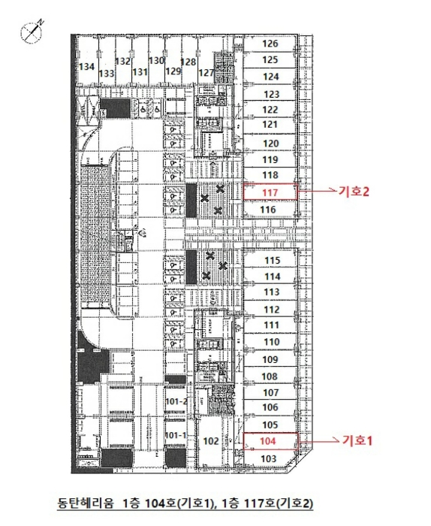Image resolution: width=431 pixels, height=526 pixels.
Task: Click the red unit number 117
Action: coord(270,192)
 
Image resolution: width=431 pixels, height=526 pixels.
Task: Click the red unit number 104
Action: coord(268,441)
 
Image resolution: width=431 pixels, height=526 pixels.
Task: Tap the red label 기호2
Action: coord(354,192)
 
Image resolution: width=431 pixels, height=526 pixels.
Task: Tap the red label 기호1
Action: coord(357,440)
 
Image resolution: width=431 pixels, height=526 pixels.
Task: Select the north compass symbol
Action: coord(32,32)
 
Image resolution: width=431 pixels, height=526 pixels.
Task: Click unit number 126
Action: coord(270,44)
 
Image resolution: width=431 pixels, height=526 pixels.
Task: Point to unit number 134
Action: coord(86,67)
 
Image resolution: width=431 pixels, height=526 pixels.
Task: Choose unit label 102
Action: coord(211,441)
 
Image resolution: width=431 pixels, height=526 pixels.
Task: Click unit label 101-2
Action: coord(176,401)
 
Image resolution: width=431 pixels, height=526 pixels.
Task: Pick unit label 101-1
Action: coord(176,435)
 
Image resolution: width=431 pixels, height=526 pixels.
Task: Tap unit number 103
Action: coord(269,458)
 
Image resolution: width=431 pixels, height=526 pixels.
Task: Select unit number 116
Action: coord(268,210)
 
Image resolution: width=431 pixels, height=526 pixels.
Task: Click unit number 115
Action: coord(272,260)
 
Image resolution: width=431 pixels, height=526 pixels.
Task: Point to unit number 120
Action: coord(271,144)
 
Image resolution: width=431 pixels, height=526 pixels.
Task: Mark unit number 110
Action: coord(272,342)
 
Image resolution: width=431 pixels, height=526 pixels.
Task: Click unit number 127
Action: coord(206,73)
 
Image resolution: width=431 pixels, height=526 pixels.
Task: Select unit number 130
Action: coord(156,61)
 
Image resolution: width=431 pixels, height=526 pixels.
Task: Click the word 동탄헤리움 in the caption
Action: coord(86,503)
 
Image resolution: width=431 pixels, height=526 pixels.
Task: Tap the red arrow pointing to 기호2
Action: coord(318,191)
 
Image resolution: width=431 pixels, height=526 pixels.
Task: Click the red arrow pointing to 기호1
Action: coord(319,441)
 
